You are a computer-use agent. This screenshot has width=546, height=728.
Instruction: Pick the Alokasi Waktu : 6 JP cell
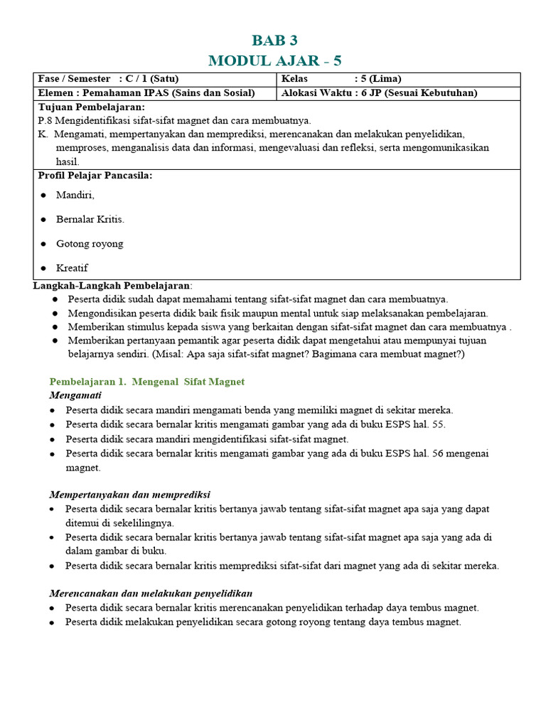point(379,92)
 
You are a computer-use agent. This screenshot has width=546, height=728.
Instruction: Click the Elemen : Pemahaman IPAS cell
point(154,92)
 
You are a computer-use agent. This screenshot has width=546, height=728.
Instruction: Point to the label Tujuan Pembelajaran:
point(91,107)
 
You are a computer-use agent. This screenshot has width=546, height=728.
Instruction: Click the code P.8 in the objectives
point(45,120)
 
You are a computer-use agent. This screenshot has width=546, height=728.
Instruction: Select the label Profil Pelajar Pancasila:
point(95,175)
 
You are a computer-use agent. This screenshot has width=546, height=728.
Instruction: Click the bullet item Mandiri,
point(75,195)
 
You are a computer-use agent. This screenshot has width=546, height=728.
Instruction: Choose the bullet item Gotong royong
point(90,243)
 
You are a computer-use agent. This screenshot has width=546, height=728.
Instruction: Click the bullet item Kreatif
point(72,267)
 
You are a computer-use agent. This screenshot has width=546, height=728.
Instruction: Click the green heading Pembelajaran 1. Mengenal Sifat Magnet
point(146,381)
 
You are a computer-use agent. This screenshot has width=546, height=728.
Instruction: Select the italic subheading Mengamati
point(75,395)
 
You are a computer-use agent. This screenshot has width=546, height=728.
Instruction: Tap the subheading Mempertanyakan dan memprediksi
point(129,494)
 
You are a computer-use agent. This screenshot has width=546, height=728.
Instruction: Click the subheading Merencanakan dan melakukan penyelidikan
point(151,593)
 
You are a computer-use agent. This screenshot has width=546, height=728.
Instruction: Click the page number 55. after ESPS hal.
point(438,424)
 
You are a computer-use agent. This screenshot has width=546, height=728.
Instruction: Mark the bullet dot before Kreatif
point(43,268)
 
